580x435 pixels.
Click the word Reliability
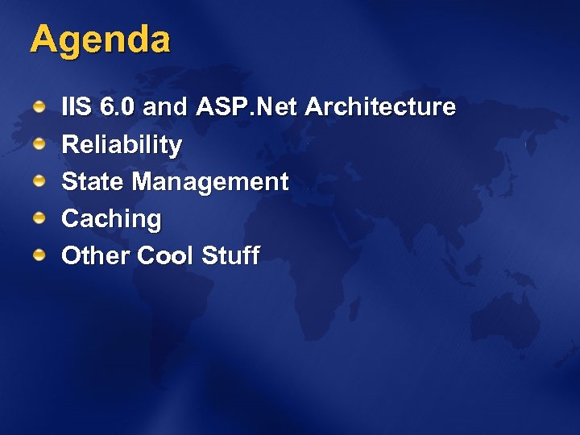pyautogui.click(x=122, y=145)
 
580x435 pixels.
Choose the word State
pyautogui.click(x=93, y=182)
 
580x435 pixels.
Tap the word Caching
pyautogui.click(x=111, y=219)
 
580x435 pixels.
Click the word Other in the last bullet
pyautogui.click(x=96, y=256)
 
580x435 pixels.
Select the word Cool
pyautogui.click(x=166, y=256)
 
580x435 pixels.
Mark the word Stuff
pyautogui.click(x=230, y=256)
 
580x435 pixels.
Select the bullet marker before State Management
pyautogui.click(x=39, y=181)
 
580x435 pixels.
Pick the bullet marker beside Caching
pyautogui.click(x=39, y=218)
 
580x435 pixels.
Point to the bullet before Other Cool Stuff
pyautogui.click(x=39, y=255)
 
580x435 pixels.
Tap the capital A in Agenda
pyautogui.click(x=44, y=39)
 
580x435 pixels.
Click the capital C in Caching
pyautogui.click(x=70, y=218)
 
